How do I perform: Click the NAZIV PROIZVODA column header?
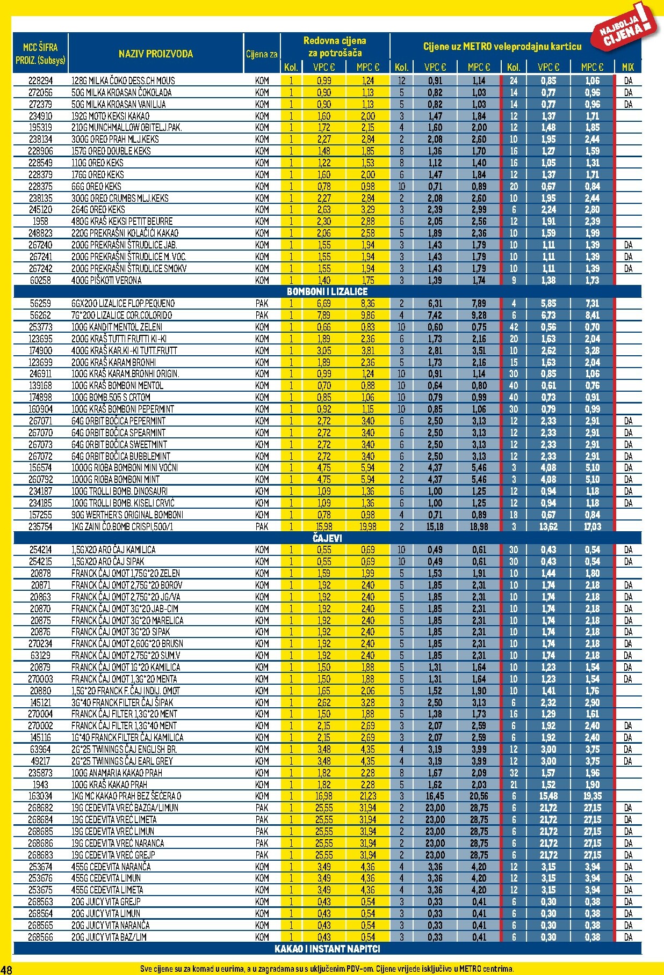click(155, 54)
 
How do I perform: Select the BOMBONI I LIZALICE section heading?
click(327, 291)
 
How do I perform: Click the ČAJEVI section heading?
click(327, 538)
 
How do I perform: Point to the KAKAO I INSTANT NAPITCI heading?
click(327, 949)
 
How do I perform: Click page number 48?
click(6, 969)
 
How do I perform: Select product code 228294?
click(40, 81)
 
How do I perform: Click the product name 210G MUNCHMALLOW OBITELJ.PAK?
click(127, 128)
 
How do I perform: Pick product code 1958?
click(40, 221)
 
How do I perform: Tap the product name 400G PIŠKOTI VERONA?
click(106, 280)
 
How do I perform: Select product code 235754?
click(40, 526)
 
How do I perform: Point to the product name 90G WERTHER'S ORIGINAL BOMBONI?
click(127, 515)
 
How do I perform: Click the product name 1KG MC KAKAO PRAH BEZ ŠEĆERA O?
click(126, 796)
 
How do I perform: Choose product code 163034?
click(40, 796)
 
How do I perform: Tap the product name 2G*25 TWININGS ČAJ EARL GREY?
click(122, 761)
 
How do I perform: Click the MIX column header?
click(627, 67)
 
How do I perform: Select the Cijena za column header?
click(262, 54)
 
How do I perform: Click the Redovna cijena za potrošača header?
click(335, 47)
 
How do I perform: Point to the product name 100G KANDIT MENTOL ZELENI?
click(117, 327)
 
